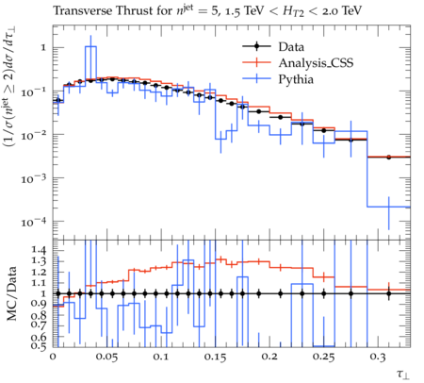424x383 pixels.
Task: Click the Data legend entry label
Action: [x=291, y=47]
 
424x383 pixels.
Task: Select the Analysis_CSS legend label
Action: [x=316, y=63]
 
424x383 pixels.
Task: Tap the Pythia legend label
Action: [x=296, y=79]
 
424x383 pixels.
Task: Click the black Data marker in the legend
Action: [x=256, y=46]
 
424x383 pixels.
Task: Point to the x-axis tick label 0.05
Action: [x=107, y=357]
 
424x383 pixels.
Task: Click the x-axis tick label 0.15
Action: [x=215, y=357]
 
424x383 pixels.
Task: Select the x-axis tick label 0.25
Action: [x=323, y=357]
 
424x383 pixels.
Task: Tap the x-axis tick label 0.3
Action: [x=378, y=357]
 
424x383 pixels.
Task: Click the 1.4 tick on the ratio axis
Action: [x=39, y=250]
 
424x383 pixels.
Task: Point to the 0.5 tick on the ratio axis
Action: [x=39, y=346]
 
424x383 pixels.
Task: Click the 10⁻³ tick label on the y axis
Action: [x=34, y=178]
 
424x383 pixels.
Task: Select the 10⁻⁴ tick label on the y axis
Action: [x=34, y=222]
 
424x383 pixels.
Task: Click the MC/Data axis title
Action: [x=12, y=293]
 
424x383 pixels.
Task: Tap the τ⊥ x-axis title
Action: [x=403, y=374]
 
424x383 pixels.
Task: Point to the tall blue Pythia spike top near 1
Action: [x=90, y=46]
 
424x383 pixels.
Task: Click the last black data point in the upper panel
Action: [x=388, y=157]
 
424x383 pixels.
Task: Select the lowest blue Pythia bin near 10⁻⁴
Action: [x=388, y=207]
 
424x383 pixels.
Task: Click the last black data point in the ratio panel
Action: [x=388, y=294]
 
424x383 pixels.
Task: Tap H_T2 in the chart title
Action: [x=293, y=12]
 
